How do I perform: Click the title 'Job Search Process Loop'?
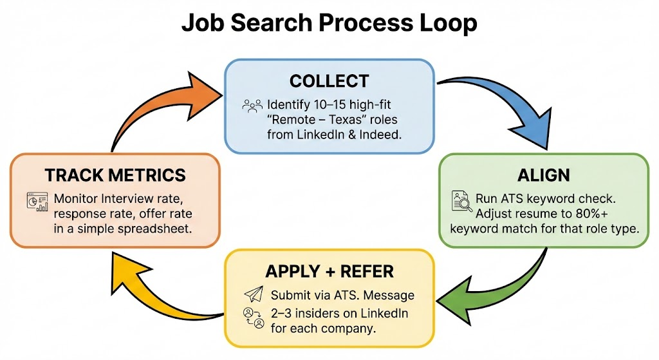tap(329, 24)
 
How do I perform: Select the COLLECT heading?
tap(329, 81)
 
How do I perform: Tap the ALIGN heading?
tap(544, 175)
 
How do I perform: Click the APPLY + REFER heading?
tap(329, 272)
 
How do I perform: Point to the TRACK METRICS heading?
tap(115, 175)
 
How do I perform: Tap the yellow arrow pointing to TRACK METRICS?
tap(161, 290)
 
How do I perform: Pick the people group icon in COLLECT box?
tap(252, 105)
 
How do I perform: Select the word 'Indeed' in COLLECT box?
tap(380, 135)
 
